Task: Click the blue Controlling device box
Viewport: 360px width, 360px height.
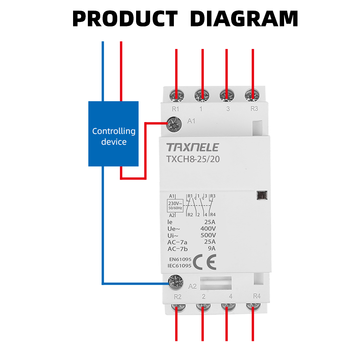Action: point(113,134)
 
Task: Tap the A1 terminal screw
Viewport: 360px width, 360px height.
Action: point(174,125)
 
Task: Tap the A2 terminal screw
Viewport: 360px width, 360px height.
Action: point(176,282)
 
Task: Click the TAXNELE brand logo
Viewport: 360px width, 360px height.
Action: point(193,147)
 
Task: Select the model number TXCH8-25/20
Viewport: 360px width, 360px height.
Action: point(193,159)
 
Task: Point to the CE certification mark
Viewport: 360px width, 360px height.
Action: point(205,262)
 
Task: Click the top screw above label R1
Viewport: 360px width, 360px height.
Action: point(176,95)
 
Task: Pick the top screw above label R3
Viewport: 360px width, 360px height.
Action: point(252,95)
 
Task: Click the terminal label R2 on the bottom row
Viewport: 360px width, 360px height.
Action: point(177,297)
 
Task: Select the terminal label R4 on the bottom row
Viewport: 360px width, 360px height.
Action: point(257,296)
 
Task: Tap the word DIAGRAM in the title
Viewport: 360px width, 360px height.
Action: point(244,19)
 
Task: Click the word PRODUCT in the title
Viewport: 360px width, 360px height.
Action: point(125,19)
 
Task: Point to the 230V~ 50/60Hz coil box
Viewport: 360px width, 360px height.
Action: point(175,206)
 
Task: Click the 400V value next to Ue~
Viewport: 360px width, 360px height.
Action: point(208,229)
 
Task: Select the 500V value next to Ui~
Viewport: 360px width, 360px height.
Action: point(208,235)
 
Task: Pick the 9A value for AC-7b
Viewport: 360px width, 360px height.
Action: point(212,248)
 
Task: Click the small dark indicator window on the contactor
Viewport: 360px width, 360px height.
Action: point(262,195)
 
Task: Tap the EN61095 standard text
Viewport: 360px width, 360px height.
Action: point(180,260)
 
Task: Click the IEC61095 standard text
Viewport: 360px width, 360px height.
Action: point(179,266)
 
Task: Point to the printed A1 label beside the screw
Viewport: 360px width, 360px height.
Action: point(191,121)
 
